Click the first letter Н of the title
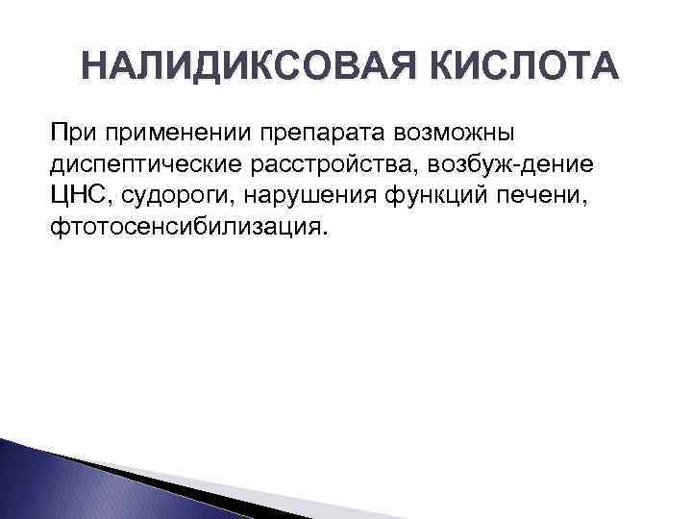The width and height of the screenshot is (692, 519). click(x=93, y=68)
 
